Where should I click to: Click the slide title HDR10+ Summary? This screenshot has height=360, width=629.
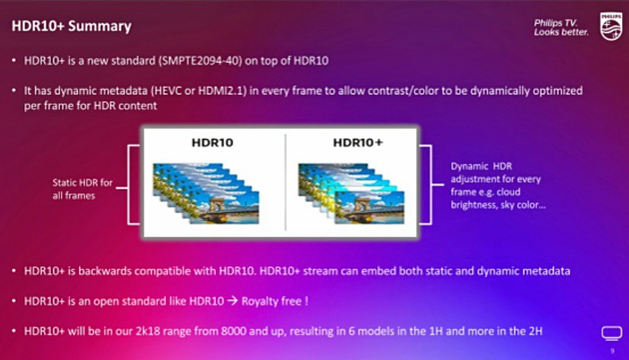[x=71, y=26]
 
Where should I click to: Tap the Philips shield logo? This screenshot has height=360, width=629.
[x=611, y=26]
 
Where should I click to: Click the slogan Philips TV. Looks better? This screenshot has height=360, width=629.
[x=561, y=27]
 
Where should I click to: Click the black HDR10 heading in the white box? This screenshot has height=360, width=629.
[x=212, y=142]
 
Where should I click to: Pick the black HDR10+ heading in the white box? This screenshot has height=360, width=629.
[x=357, y=142]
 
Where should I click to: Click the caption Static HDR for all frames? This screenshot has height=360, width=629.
[x=82, y=189]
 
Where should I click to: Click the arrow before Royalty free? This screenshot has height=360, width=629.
[x=233, y=301]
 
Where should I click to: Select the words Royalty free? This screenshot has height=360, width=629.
[x=272, y=301]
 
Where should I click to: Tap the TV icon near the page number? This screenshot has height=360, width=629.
[x=612, y=333]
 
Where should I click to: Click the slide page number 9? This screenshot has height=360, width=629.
[x=612, y=351]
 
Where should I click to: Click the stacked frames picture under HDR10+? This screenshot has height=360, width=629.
[x=351, y=193]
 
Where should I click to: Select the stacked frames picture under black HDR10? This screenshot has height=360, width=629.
[x=206, y=193]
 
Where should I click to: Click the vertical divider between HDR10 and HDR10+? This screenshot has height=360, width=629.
[x=285, y=183]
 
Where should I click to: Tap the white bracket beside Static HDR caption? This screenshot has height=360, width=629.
[x=129, y=185]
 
